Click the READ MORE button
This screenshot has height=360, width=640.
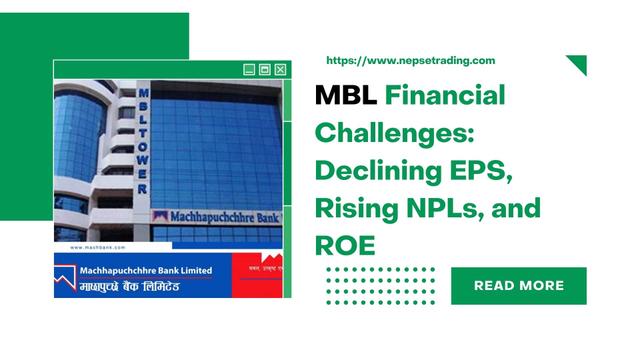(518, 286)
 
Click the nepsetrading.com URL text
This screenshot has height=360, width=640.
(411, 61)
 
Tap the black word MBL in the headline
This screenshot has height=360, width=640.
(346, 97)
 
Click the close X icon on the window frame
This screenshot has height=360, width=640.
(280, 69)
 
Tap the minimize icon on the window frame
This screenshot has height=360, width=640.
(249, 69)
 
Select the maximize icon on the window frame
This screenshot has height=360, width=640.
(265, 69)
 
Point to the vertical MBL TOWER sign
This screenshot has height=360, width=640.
(143, 140)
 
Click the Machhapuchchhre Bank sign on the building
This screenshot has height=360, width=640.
(214, 216)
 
